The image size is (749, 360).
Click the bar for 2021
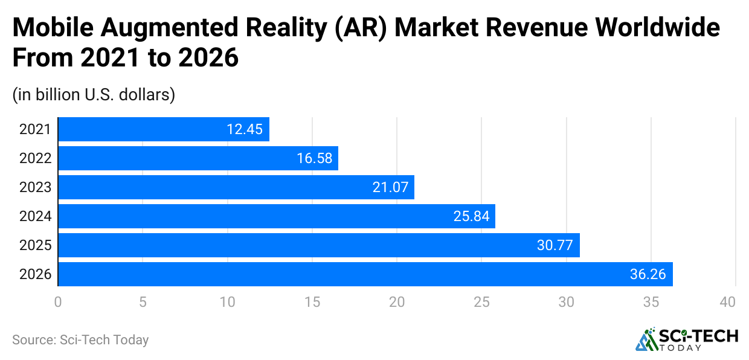(x=163, y=129)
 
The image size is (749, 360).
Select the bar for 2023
(x=236, y=187)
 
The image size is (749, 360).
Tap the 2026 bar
(x=365, y=274)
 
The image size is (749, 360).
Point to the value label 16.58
(x=313, y=158)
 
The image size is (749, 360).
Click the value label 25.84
(x=471, y=216)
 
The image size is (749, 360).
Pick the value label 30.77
(x=555, y=245)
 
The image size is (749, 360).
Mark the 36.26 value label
(x=648, y=274)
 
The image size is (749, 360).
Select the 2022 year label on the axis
(x=35, y=158)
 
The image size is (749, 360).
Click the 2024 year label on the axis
(x=35, y=216)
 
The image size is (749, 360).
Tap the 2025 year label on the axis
(x=35, y=245)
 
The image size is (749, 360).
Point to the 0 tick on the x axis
(x=58, y=302)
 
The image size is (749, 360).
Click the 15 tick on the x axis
(x=312, y=302)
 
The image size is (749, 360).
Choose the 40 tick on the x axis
(x=727, y=302)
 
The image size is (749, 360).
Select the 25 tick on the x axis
(x=481, y=302)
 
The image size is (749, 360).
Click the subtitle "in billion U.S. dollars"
(x=94, y=95)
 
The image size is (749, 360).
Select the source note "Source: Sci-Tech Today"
(x=80, y=340)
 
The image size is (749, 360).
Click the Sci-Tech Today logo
(x=686, y=339)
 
